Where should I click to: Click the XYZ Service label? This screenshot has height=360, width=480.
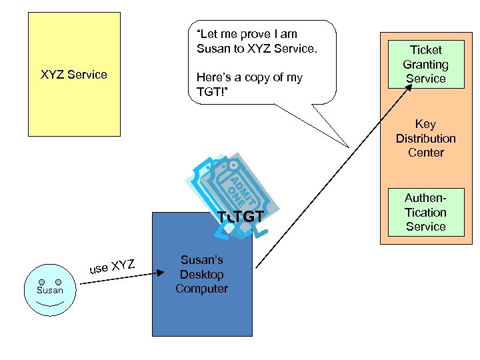(74, 75)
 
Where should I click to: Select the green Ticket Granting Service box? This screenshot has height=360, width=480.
(425, 64)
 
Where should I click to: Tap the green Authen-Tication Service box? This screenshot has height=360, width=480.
(425, 212)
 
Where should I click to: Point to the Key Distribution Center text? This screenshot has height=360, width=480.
(425, 138)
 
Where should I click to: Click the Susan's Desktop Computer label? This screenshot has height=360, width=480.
(201, 274)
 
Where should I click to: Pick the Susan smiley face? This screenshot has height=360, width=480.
(50, 290)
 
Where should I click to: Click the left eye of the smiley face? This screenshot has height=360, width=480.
(41, 282)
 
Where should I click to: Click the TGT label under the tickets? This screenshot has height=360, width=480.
(244, 216)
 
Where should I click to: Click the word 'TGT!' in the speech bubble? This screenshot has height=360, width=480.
(211, 92)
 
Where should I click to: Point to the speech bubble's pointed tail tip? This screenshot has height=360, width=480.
(347, 147)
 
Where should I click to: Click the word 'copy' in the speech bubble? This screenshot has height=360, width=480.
(259, 77)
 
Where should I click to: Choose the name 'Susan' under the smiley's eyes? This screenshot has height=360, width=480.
(50, 290)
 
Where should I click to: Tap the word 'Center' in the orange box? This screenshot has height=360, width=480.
(425, 153)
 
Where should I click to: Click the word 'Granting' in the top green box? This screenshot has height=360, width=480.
(425, 64)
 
